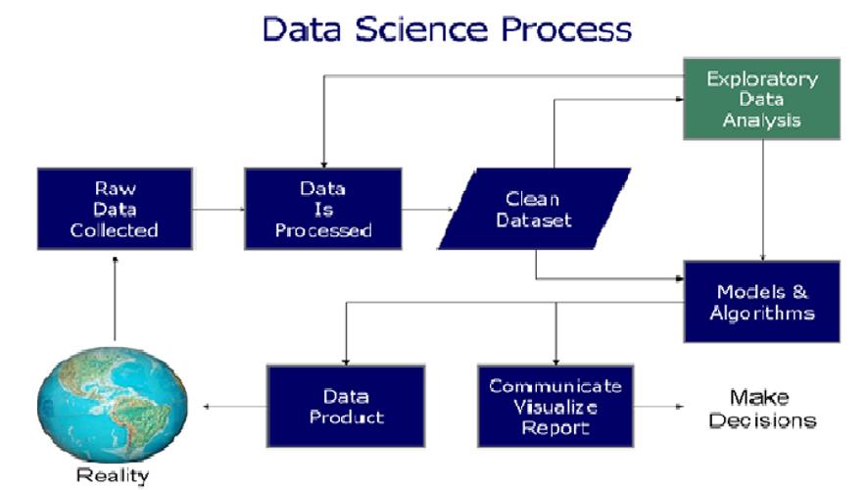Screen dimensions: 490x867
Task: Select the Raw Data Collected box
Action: point(114,209)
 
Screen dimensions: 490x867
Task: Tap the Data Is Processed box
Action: point(323,209)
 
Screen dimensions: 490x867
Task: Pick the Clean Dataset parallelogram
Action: point(533,208)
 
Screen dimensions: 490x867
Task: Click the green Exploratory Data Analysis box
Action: point(761,99)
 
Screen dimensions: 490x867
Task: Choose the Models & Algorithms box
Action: point(761,302)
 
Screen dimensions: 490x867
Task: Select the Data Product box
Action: point(346,407)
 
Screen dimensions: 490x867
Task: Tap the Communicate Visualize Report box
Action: point(555,407)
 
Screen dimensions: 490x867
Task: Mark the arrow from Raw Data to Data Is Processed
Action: point(217,209)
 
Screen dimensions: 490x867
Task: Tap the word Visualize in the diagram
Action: point(555,407)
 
